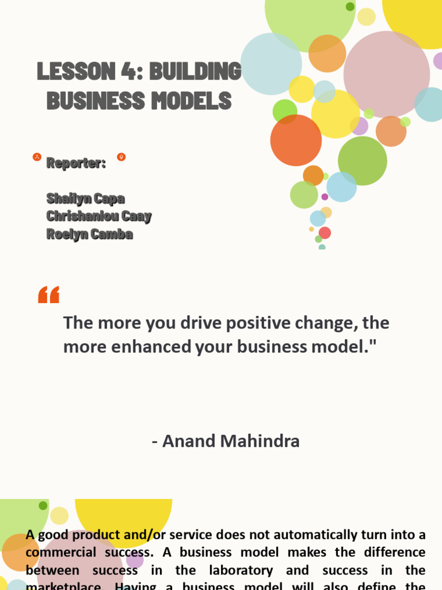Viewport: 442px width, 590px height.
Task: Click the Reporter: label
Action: point(76,163)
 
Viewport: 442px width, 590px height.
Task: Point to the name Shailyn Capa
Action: point(85,199)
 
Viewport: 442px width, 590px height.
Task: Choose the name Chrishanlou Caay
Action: point(98,217)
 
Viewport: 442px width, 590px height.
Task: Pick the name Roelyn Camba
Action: point(89,235)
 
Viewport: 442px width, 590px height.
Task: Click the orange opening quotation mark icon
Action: point(49,295)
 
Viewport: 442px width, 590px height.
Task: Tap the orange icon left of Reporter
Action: point(37,157)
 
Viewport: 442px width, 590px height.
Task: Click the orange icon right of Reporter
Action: point(121,157)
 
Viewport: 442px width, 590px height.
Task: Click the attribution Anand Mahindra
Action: point(226,441)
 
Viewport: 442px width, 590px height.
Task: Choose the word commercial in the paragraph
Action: point(60,553)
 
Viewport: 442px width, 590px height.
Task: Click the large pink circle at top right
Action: point(386,74)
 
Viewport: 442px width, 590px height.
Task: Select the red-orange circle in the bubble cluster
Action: point(296,140)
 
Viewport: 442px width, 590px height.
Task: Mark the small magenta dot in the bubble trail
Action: point(325,196)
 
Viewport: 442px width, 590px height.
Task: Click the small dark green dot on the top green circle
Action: point(350,6)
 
